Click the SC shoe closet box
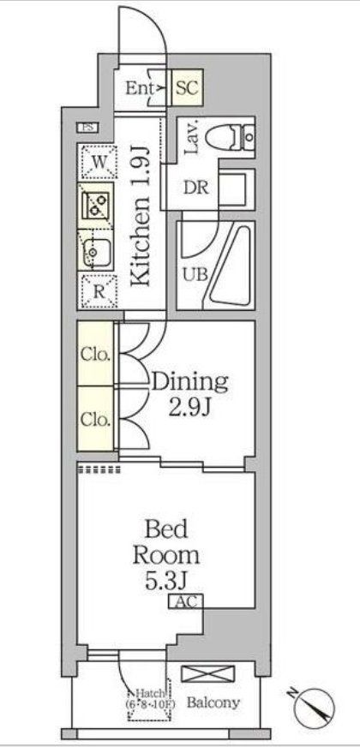click(188, 87)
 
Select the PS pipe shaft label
click(88, 128)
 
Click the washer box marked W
click(99, 161)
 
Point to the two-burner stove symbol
click(97, 205)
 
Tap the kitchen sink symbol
click(97, 252)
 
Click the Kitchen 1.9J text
click(142, 213)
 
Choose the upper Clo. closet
click(96, 353)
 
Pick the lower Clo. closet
click(96, 419)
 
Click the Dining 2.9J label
click(190, 392)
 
